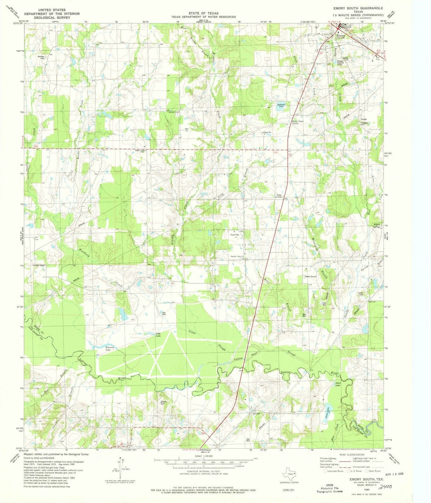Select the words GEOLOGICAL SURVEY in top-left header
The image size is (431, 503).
point(45,18)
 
